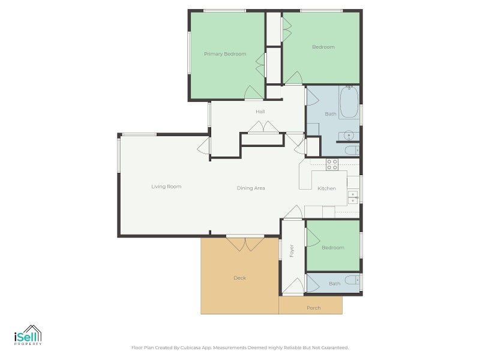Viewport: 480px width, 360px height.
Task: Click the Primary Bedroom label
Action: coord(225,54)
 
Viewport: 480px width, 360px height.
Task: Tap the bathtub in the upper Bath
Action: coord(349,102)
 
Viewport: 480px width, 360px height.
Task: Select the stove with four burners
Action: coord(332,164)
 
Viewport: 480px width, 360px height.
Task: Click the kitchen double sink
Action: coord(353,197)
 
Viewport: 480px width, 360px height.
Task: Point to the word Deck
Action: coord(239,278)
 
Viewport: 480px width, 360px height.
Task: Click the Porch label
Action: coord(313,308)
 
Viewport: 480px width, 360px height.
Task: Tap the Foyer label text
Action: coord(292,251)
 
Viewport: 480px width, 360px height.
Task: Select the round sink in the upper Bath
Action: coord(349,136)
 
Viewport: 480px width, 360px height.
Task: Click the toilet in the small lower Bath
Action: coord(352,280)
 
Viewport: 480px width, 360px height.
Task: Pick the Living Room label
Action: coord(166,187)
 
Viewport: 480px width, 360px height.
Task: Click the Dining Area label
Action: coord(251,188)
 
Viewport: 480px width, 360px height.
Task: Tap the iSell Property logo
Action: coord(28,335)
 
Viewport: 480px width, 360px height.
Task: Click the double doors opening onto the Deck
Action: coord(245,244)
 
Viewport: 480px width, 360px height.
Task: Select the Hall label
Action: coord(260,112)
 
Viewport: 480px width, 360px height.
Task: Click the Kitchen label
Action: coord(326,188)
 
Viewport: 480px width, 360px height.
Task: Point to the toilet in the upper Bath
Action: coord(352,151)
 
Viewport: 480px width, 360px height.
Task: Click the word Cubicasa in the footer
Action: coord(191,348)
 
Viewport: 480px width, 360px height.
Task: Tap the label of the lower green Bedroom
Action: coord(333,248)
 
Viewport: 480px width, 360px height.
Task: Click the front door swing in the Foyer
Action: coord(293,286)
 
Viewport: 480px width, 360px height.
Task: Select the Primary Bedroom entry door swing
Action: coord(254,92)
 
